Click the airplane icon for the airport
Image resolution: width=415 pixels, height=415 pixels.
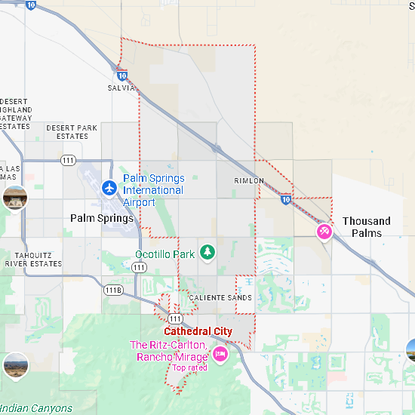(x=110, y=186)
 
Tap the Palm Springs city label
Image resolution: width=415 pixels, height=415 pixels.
(x=102, y=218)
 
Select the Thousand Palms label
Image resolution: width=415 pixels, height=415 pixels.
(x=366, y=227)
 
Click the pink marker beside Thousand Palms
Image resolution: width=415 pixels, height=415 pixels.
(x=324, y=231)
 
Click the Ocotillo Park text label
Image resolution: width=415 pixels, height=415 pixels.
(x=164, y=254)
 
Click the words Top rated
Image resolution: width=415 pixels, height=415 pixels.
(x=189, y=368)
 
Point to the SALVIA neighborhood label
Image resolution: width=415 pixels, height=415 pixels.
(x=121, y=88)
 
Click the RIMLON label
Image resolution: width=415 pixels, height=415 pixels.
(x=249, y=181)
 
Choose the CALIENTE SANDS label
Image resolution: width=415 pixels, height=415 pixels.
(x=220, y=298)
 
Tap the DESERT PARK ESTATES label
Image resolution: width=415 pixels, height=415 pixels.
(x=72, y=132)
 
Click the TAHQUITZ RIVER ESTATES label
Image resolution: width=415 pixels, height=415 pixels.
(x=32, y=260)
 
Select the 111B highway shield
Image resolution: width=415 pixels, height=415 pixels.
(x=113, y=290)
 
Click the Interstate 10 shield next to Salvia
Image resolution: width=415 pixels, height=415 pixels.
(x=121, y=75)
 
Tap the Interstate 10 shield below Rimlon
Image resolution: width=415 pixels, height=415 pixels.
(x=285, y=199)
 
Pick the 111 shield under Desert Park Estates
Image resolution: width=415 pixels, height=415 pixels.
(x=69, y=160)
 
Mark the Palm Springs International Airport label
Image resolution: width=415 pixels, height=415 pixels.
(x=153, y=190)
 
